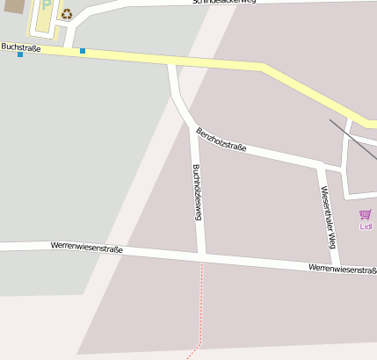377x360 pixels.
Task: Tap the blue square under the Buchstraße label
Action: point(20,55)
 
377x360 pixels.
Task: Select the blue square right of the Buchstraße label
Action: point(83,51)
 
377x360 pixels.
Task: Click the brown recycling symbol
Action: point(67,13)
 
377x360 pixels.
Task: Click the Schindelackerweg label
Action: point(224,3)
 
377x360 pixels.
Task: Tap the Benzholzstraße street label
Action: point(221,140)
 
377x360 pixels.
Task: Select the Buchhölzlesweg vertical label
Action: point(198,191)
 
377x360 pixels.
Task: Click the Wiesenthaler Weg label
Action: point(328,211)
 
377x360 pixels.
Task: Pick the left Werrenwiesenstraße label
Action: point(87,248)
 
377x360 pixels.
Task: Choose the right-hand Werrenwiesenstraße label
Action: point(342,269)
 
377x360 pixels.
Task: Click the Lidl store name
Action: point(366,226)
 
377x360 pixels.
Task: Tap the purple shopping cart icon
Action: point(366,214)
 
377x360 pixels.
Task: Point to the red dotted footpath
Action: point(201,307)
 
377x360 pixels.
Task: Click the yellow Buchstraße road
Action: point(176,60)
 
